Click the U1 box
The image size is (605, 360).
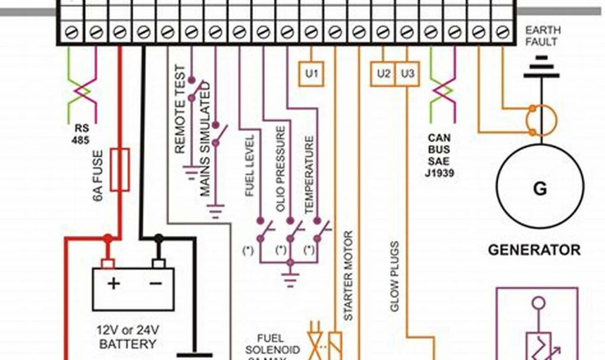click(x=311, y=74)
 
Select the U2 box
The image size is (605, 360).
click(x=384, y=74)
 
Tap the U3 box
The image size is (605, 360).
click(x=407, y=74)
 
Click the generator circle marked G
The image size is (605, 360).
click(x=539, y=189)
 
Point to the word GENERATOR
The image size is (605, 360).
click(x=534, y=249)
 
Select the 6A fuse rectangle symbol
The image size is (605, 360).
click(x=120, y=170)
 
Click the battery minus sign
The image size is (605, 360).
click(x=156, y=284)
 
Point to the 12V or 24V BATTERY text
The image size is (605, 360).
click(x=128, y=336)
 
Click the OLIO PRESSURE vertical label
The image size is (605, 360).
click(x=281, y=168)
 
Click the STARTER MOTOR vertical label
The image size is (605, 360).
click(x=348, y=275)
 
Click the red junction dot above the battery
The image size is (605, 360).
click(x=108, y=238)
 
